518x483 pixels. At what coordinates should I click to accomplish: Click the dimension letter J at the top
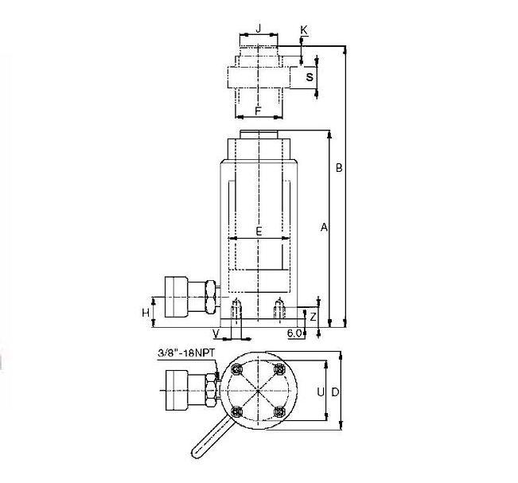(x=259, y=28)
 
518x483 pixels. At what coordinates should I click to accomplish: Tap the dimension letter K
(x=304, y=30)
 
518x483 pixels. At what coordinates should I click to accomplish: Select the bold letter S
(x=310, y=77)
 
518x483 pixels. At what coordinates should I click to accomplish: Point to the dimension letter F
(x=259, y=111)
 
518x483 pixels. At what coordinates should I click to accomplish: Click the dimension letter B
(x=339, y=168)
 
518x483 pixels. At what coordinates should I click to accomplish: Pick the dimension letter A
(x=324, y=227)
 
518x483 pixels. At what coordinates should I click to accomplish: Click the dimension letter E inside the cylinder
(x=259, y=232)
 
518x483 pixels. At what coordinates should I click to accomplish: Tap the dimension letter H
(x=146, y=313)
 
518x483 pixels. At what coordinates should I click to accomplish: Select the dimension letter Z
(x=313, y=317)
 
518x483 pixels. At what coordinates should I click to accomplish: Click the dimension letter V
(x=216, y=333)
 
